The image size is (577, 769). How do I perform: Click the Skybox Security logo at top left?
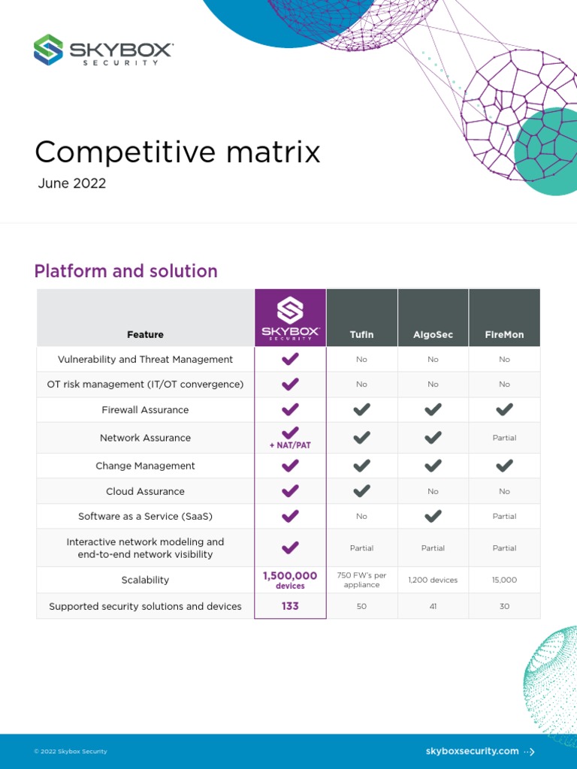(103, 50)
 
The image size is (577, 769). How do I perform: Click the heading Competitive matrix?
(177, 152)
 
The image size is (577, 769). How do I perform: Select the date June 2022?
(72, 184)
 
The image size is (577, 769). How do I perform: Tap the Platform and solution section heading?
(125, 271)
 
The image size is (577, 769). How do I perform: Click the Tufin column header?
(361, 334)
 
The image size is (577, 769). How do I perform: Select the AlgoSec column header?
(433, 334)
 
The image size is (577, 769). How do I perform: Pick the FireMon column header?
(504, 334)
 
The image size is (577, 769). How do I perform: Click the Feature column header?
(145, 334)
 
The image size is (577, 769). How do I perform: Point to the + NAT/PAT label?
(290, 445)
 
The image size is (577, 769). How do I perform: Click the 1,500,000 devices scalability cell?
(290, 580)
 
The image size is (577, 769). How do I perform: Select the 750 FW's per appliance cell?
(361, 580)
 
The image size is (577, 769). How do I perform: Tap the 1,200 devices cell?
(433, 580)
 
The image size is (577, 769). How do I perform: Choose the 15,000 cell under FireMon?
(504, 580)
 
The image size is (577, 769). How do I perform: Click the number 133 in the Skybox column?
(290, 606)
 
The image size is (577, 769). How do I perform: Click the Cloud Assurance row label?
(145, 491)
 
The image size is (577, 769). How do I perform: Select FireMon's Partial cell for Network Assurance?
(504, 438)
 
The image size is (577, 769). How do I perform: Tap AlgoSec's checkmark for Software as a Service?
(433, 516)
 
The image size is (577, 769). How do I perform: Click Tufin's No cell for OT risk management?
(361, 384)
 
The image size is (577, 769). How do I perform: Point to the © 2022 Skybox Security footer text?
(71, 751)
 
